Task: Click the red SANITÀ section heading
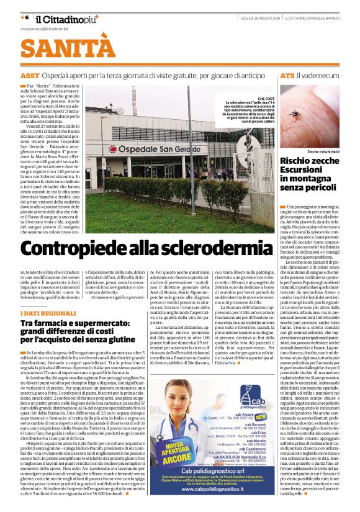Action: coord(60,48)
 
